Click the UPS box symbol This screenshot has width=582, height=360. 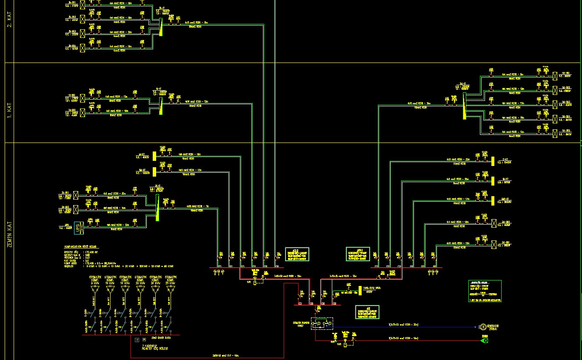(x=79, y=228)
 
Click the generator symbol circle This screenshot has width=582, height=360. (x=482, y=327)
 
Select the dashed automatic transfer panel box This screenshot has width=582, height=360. (x=322, y=324)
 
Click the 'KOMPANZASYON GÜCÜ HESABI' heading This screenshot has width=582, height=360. (x=80, y=246)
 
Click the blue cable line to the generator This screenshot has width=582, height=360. (x=404, y=327)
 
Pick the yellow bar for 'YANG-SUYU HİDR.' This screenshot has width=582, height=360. (x=360, y=290)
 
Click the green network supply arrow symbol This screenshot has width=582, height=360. (x=484, y=340)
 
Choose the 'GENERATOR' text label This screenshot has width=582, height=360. (x=494, y=326)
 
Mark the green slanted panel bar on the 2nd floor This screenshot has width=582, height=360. (x=161, y=27)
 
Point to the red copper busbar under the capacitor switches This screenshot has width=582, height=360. (x=132, y=335)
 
